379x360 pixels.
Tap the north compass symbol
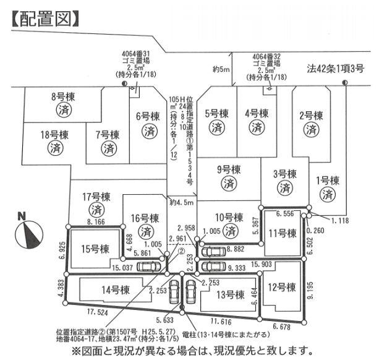(x=25, y=228)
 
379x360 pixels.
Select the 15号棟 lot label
(x=95, y=249)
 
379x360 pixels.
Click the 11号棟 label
(x=283, y=233)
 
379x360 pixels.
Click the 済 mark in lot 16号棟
(x=146, y=231)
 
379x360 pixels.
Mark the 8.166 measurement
(x=99, y=220)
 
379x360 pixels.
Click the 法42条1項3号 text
(x=335, y=69)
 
